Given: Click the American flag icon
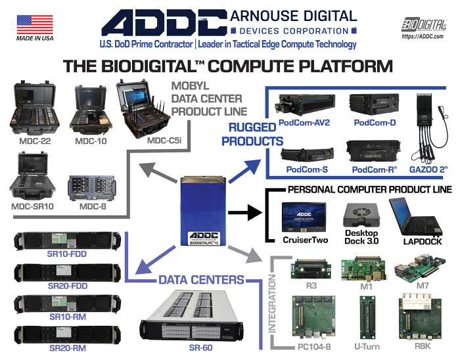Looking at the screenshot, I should pos(35,24).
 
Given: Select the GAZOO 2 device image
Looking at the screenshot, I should pos(425,135).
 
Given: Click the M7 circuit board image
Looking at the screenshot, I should pos(417,267).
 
